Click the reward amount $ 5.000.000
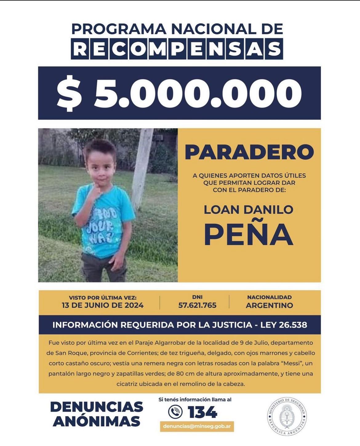179,93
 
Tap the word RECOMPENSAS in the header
177,49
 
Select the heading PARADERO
249,152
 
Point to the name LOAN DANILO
248,210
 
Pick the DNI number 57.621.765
197,305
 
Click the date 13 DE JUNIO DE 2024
102,305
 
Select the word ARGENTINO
269,305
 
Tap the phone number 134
202,412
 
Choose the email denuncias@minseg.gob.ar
197,427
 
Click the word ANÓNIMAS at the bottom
97,421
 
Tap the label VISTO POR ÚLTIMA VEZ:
102,298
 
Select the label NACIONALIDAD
269,297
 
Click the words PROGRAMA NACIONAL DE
177,29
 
